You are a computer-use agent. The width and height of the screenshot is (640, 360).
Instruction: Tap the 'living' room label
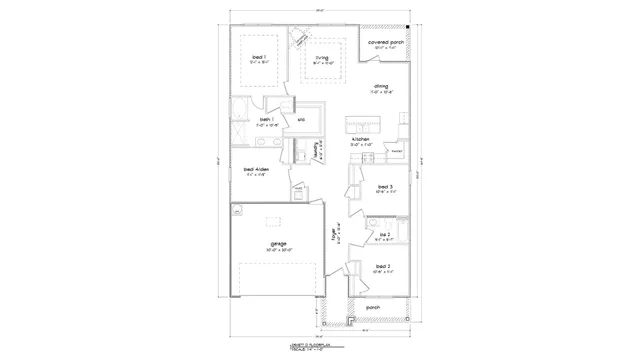322,58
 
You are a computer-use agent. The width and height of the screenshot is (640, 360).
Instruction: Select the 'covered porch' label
385,43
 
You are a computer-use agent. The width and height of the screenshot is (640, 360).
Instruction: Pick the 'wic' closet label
301,121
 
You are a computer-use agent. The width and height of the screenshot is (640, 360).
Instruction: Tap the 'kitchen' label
361,139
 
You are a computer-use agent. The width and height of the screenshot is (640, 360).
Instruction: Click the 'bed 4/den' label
256,169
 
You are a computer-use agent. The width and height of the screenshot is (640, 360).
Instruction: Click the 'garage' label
278,243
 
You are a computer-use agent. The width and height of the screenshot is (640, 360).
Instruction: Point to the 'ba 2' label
383,234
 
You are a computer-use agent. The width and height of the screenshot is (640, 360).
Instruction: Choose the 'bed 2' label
383,266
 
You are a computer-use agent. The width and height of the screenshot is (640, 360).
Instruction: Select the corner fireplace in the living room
298,39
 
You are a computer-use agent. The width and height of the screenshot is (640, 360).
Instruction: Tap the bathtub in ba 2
396,232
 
